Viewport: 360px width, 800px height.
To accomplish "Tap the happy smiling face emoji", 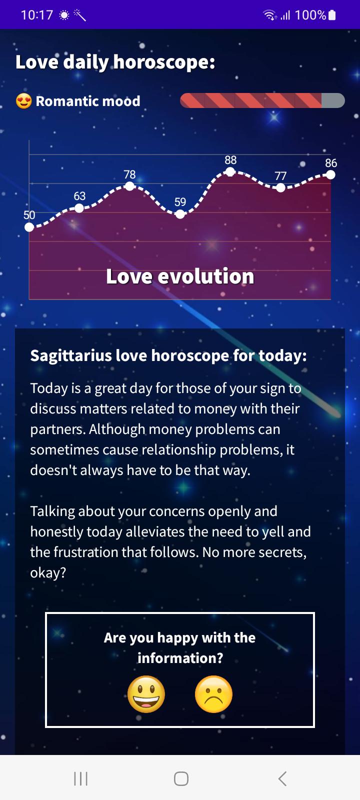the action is pos(146,694).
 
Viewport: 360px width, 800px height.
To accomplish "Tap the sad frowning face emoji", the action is pos(213,694).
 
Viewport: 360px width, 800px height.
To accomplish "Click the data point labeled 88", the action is pos(230,172).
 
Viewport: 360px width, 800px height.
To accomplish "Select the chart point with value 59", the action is pos(180,214).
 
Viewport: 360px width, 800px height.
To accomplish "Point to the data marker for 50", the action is pos(29,227).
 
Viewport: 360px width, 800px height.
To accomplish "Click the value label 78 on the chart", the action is pos(129,174).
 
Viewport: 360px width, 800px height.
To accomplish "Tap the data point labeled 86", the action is pos(330,174).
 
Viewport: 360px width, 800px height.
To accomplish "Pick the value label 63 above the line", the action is pos(79,195).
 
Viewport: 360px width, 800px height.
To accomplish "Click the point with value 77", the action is pos(280,187).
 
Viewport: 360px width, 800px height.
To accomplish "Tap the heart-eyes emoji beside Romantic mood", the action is pos(23,101).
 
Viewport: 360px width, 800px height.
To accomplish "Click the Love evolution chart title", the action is pos(180,276).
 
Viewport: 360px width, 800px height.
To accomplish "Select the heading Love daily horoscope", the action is pos(115,62).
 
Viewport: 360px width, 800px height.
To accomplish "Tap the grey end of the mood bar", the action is pos(333,100).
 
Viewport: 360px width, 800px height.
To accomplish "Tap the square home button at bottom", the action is pos(181,778).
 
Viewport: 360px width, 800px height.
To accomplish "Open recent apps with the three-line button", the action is pos(80,778).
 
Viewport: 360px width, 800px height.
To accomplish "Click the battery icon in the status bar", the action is pos(332,15).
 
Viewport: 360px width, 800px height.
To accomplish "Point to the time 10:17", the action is pos(37,15).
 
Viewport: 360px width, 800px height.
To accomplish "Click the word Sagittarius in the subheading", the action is pos(70,356).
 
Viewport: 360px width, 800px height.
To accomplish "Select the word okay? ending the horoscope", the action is pos(48,573).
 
